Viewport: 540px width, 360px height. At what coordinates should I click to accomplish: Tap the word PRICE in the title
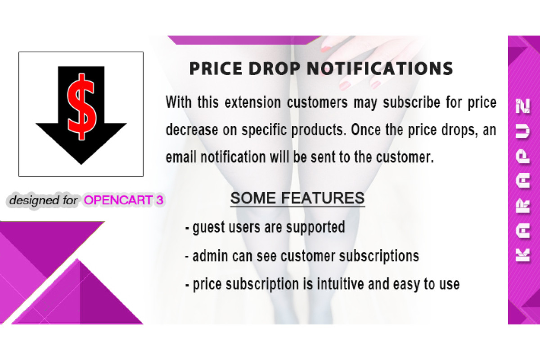pyautogui.click(x=216, y=69)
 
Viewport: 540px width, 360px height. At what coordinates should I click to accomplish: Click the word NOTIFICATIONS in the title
pyautogui.click(x=380, y=69)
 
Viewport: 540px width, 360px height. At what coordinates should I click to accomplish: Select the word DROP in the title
pyautogui.click(x=274, y=69)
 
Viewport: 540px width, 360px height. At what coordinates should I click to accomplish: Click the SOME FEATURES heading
pyautogui.click(x=297, y=198)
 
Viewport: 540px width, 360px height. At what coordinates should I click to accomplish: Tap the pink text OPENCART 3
pyautogui.click(x=123, y=200)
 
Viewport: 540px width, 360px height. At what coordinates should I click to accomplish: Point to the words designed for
pyautogui.click(x=43, y=200)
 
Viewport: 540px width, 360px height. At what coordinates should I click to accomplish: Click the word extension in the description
pyautogui.click(x=252, y=102)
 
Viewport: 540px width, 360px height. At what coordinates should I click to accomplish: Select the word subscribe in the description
pyautogui.click(x=412, y=103)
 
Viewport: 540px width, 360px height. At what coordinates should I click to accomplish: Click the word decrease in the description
pyautogui.click(x=192, y=130)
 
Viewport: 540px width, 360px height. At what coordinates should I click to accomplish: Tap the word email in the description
pyautogui.click(x=181, y=157)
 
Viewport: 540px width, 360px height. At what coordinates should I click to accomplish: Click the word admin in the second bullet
pyautogui.click(x=210, y=256)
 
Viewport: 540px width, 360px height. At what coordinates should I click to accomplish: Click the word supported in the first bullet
pyautogui.click(x=315, y=228)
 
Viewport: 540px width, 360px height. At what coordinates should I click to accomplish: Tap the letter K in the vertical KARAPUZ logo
pyautogui.click(x=522, y=255)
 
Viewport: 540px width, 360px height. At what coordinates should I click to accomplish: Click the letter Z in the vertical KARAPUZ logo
pyautogui.click(x=522, y=106)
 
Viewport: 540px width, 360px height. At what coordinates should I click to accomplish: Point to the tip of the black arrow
pyautogui.click(x=81, y=164)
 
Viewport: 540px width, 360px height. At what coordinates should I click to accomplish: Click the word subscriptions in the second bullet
pyautogui.click(x=379, y=256)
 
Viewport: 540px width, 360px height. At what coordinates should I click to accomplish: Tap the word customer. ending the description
pyautogui.click(x=405, y=157)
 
